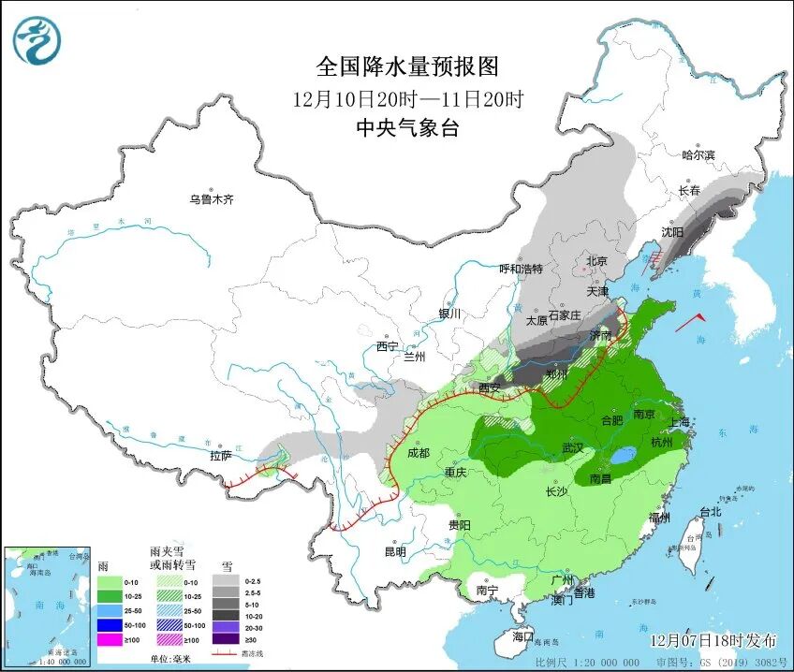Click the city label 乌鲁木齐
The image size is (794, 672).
pyautogui.click(x=211, y=199)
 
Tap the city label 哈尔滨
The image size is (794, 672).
pyautogui.click(x=698, y=154)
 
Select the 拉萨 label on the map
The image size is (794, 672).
pyautogui.click(x=220, y=456)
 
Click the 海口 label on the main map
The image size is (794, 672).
pyautogui.click(x=522, y=636)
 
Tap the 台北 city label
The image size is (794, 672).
pyautogui.click(x=711, y=512)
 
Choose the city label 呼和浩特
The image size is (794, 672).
pyautogui.click(x=521, y=269)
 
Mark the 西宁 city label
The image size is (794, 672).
pyautogui.click(x=388, y=346)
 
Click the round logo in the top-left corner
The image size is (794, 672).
pyautogui.click(x=37, y=41)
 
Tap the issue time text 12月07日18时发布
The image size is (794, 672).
pyautogui.click(x=714, y=640)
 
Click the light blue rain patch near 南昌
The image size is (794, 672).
pyautogui.click(x=619, y=456)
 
